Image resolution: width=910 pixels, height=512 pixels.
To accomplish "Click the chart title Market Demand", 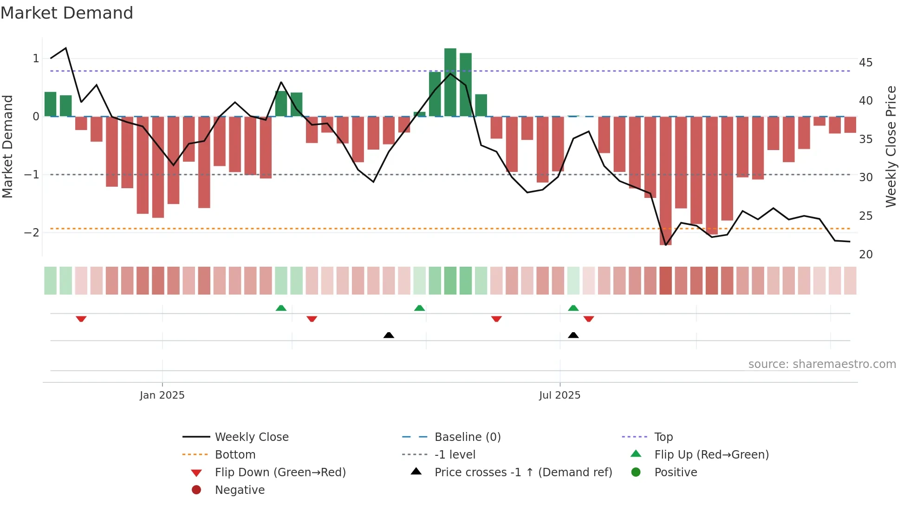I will coord(67,13).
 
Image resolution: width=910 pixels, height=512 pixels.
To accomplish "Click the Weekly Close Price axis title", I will coord(890,146).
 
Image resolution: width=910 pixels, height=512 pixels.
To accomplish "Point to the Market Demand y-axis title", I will coord(7,146).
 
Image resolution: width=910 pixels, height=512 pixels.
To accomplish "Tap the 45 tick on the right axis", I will coord(865,62).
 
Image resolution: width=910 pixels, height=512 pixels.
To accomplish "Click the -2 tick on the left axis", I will coord(32,232).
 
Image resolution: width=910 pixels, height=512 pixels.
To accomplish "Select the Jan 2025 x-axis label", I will coord(162,395).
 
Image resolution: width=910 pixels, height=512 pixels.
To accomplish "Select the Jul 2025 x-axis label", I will coord(559,395).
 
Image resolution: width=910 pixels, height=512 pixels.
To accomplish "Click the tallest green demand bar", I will coord(450,82).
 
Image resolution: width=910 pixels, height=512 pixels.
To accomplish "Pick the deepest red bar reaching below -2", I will coord(665,181).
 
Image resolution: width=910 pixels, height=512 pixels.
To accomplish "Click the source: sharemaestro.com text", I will coord(822,364).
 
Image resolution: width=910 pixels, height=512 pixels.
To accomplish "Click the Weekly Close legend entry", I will coord(251,437).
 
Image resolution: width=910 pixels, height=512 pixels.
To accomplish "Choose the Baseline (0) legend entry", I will coord(467,437).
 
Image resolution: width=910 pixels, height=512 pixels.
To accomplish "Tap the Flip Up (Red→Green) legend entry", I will coord(711,454).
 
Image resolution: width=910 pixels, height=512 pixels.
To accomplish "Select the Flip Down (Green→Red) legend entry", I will coord(280,472).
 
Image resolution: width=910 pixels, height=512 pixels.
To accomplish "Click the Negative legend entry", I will coord(240,490).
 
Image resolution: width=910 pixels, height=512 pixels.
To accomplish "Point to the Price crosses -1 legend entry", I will coord(523,472).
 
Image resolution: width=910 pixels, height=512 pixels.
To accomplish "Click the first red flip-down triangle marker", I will coord(81,319).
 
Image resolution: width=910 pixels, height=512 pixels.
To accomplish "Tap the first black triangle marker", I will coord(389,335).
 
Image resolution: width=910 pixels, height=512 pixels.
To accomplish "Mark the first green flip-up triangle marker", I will coord(281,308).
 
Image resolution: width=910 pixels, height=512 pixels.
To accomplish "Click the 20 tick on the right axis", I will coord(865,254).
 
